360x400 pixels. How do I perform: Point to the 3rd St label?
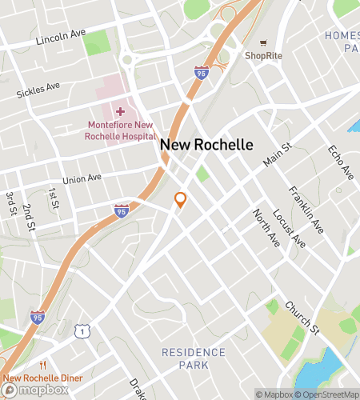11,203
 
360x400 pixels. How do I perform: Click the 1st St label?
53,198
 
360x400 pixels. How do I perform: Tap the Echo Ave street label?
341,162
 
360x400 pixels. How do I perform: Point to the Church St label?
302,318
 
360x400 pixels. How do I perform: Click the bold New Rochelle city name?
206,145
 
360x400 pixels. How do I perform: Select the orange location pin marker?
181,200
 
